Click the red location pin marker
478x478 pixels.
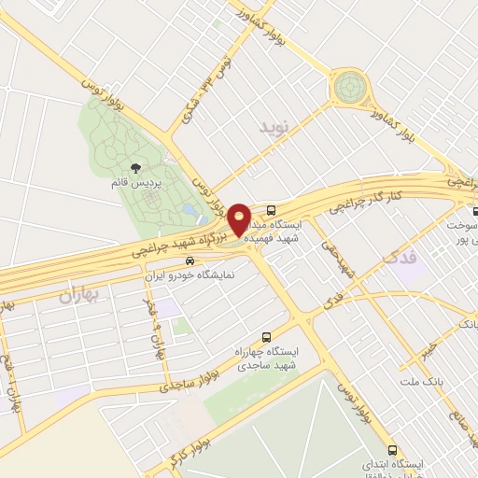coord(239,219)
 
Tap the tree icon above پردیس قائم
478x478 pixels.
coord(136,169)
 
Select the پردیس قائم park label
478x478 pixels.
coord(136,184)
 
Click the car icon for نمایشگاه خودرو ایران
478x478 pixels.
coord(190,262)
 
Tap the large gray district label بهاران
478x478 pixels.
coord(79,296)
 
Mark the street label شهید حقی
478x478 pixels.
coord(339,253)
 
